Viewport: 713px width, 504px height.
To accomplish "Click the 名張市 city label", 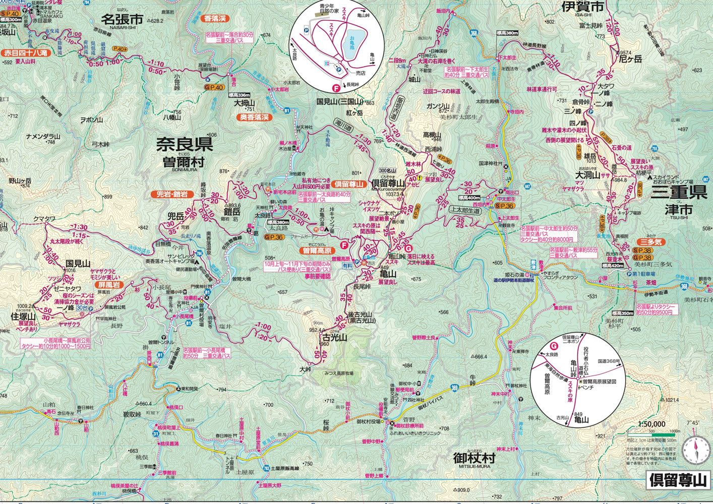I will (122, 20).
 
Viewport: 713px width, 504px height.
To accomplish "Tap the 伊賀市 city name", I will (582, 7).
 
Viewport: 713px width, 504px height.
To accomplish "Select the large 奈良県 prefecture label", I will (184, 145).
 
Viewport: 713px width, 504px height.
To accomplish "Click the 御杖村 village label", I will (474, 458).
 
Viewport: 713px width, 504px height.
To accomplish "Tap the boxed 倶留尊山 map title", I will (678, 480).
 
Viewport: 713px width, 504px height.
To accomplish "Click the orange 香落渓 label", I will (215, 19).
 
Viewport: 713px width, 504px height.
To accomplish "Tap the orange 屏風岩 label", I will (107, 284).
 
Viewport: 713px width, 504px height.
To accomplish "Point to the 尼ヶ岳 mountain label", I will (630, 59).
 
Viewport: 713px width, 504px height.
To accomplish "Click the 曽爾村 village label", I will (183, 162).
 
